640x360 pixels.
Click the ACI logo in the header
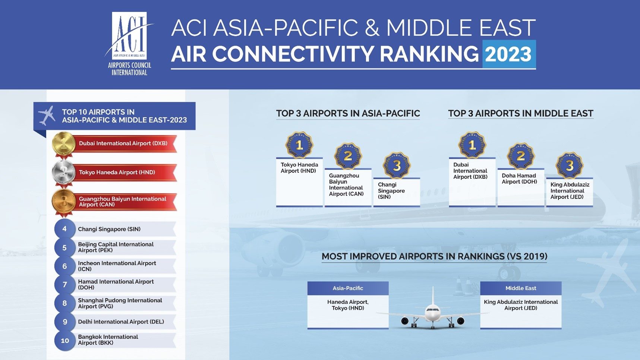[129, 44]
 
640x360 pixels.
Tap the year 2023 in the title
[508, 54]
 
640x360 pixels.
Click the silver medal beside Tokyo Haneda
[64, 173]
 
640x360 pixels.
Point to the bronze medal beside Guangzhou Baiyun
[64, 202]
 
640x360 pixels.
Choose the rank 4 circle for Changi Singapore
[64, 229]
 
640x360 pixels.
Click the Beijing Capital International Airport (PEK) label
[116, 247]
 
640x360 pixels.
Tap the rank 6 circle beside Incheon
[64, 266]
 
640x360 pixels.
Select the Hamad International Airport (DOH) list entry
[116, 284]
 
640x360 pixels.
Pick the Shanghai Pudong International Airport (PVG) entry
[120, 303]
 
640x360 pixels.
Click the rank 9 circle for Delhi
[65, 322]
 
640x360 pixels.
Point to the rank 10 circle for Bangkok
[65, 340]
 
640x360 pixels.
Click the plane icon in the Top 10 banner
[47, 116]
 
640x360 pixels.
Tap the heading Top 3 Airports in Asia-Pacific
[348, 113]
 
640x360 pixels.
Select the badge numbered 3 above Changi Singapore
[397, 165]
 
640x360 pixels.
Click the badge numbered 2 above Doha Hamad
[521, 156]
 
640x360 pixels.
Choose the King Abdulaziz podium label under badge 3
[570, 190]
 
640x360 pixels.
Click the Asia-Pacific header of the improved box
[348, 288]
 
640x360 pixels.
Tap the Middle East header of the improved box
[521, 288]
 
